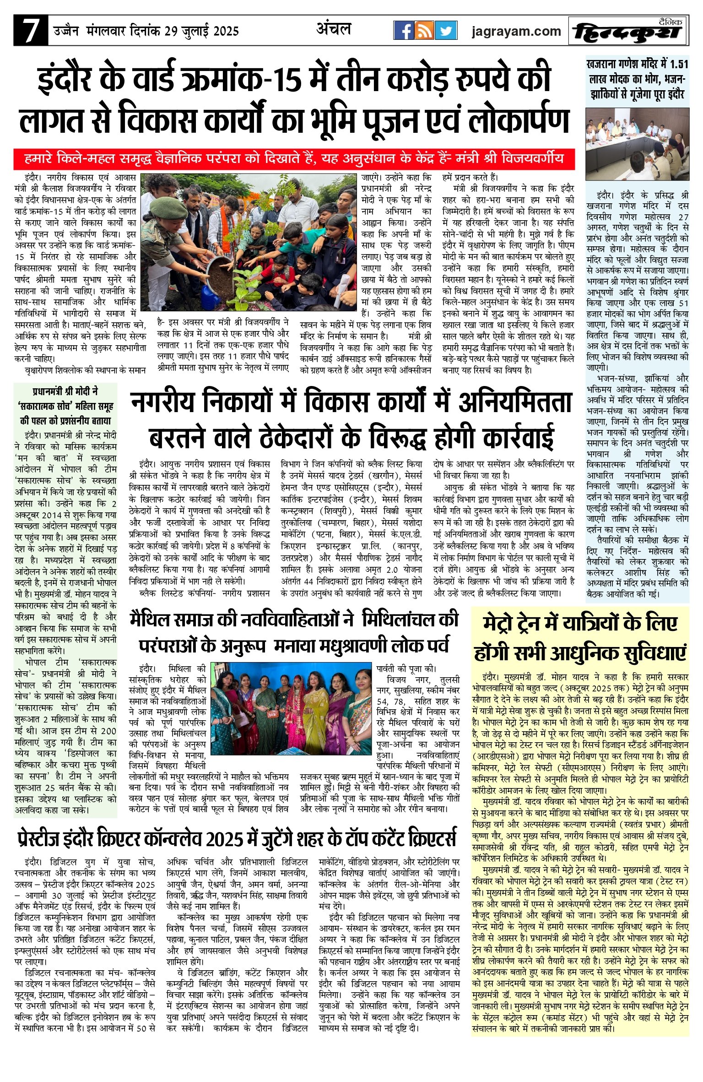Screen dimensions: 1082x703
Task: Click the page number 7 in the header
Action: coord(30,31)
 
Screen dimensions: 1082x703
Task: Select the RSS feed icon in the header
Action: coord(424,31)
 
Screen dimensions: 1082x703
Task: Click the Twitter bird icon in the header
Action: coord(446,31)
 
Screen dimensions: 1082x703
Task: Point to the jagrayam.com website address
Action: coord(516,31)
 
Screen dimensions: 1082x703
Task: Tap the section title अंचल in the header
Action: coord(334,29)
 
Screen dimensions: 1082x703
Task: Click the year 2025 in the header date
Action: coord(225,31)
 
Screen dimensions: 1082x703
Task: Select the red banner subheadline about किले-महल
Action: coord(294,159)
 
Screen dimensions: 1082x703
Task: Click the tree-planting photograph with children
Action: coord(248,242)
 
